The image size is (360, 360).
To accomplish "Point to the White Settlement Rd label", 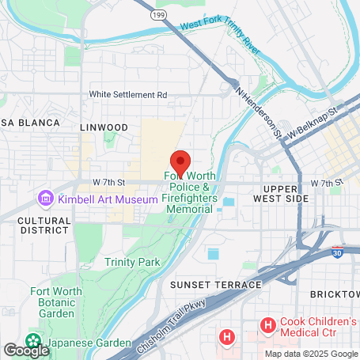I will click(x=128, y=94).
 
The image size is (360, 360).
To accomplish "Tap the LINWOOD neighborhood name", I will click(x=104, y=127).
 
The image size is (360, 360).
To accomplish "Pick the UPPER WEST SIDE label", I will click(x=286, y=195).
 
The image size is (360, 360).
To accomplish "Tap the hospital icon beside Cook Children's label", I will click(x=267, y=324).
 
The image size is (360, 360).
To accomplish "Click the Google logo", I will click(x=25, y=350).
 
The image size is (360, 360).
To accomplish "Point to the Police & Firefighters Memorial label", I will click(x=190, y=192).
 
